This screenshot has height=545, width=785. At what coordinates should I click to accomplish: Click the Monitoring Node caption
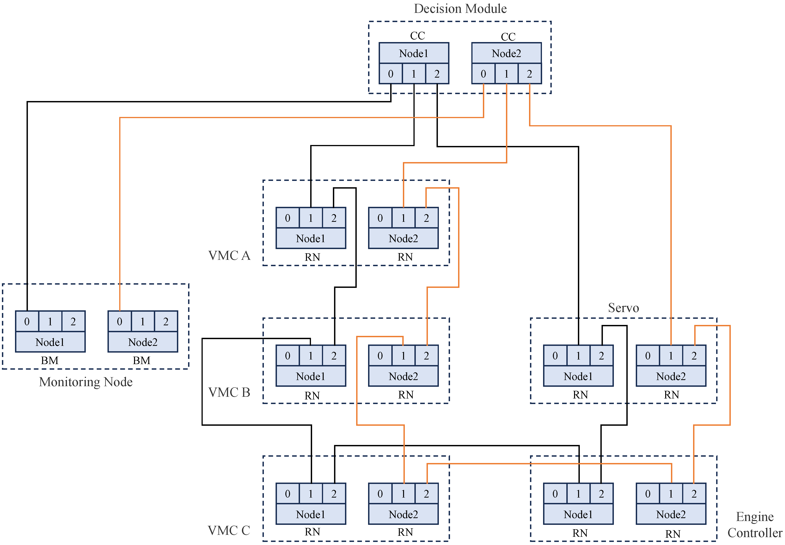click(x=86, y=382)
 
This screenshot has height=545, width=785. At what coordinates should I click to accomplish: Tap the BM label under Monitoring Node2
click(x=142, y=361)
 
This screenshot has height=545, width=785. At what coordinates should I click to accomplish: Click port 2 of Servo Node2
click(x=694, y=356)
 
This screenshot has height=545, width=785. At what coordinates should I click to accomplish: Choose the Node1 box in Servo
click(x=578, y=376)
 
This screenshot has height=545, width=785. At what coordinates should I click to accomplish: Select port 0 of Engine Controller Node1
click(x=555, y=494)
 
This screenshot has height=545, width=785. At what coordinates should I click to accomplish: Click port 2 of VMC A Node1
click(x=334, y=218)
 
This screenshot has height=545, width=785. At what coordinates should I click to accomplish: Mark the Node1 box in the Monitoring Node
click(x=50, y=342)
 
